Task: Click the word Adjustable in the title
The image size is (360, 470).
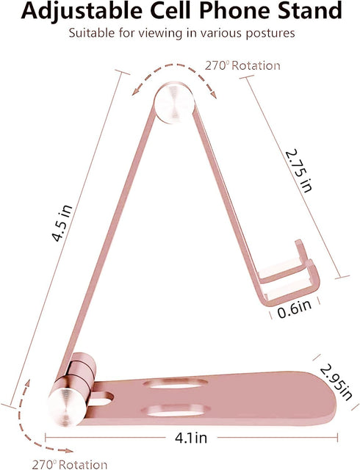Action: [82, 11]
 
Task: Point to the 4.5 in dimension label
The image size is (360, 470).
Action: [62, 223]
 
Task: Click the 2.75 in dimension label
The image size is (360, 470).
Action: [299, 170]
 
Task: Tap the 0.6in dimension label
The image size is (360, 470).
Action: [295, 308]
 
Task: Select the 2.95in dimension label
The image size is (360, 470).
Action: [336, 382]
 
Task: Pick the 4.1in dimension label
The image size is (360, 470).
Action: [191, 438]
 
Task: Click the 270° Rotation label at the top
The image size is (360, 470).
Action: [242, 65]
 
